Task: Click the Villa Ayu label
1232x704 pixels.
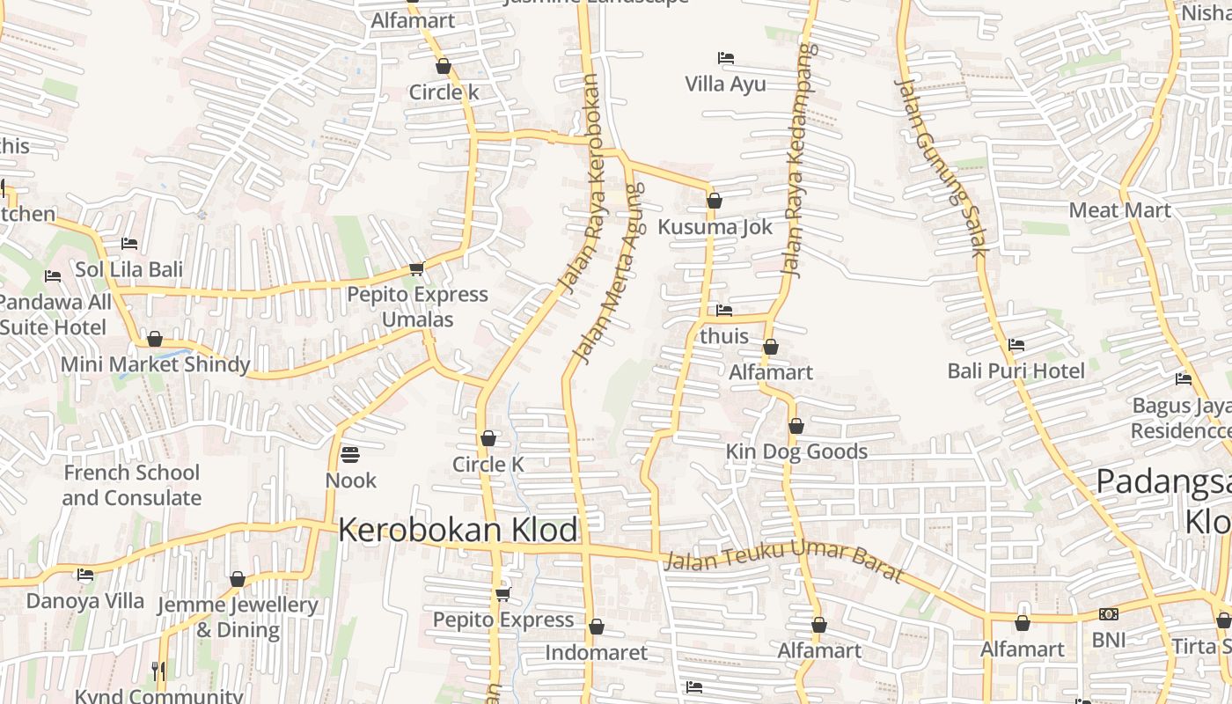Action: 725,84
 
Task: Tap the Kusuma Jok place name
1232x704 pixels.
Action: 715,227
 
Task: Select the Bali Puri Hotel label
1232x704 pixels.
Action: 1016,370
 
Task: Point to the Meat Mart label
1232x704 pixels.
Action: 1119,210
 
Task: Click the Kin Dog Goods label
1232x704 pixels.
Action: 796,451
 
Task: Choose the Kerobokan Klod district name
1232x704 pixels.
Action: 458,530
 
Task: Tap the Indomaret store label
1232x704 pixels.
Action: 596,652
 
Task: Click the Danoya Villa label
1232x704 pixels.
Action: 84,601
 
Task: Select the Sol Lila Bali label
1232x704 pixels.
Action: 128,269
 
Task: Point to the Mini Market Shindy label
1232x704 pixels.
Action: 155,363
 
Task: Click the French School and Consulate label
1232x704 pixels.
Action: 131,485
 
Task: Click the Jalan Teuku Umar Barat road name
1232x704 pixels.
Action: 783,561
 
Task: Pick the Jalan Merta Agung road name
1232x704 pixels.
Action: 608,273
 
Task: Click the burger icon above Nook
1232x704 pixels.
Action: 350,455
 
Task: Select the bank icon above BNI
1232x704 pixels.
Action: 1108,614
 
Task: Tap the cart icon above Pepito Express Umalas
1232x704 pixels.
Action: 416,268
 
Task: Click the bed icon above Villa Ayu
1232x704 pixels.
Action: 725,58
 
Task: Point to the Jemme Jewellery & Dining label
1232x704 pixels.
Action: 237,617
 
